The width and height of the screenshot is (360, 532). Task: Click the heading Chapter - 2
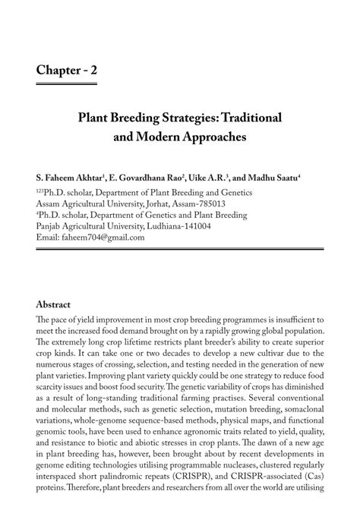[x=66, y=71]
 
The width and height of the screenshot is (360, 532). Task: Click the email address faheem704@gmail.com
[x=102, y=238]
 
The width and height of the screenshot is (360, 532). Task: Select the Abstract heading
[x=58, y=304]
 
